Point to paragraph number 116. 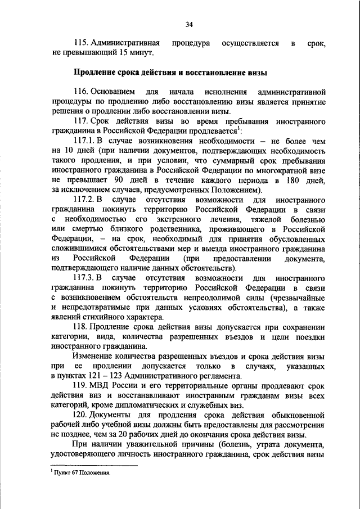tap(82, 92)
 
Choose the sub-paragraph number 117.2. tap(84, 200)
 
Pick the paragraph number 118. tap(82, 327)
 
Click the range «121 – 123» tap(101, 376)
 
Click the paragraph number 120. tap(82, 416)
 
